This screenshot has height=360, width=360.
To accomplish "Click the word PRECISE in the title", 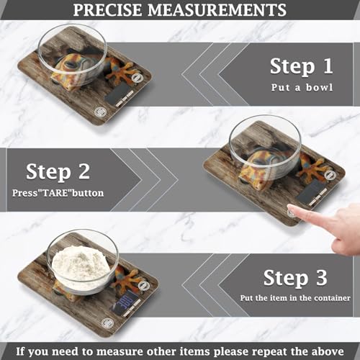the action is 107,10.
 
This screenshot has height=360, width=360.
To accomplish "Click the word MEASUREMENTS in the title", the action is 217,10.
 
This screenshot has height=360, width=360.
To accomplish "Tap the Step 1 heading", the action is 302,67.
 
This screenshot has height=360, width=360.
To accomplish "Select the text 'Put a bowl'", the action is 302,87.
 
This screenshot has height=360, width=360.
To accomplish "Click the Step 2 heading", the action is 58,172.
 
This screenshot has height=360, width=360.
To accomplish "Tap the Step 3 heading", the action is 295,278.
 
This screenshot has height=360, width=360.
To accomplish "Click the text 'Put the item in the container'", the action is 295,298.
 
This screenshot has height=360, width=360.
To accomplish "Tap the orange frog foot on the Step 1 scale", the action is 123,72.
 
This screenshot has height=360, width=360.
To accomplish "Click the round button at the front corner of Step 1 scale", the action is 99,112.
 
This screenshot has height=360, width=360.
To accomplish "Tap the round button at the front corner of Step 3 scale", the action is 107,323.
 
